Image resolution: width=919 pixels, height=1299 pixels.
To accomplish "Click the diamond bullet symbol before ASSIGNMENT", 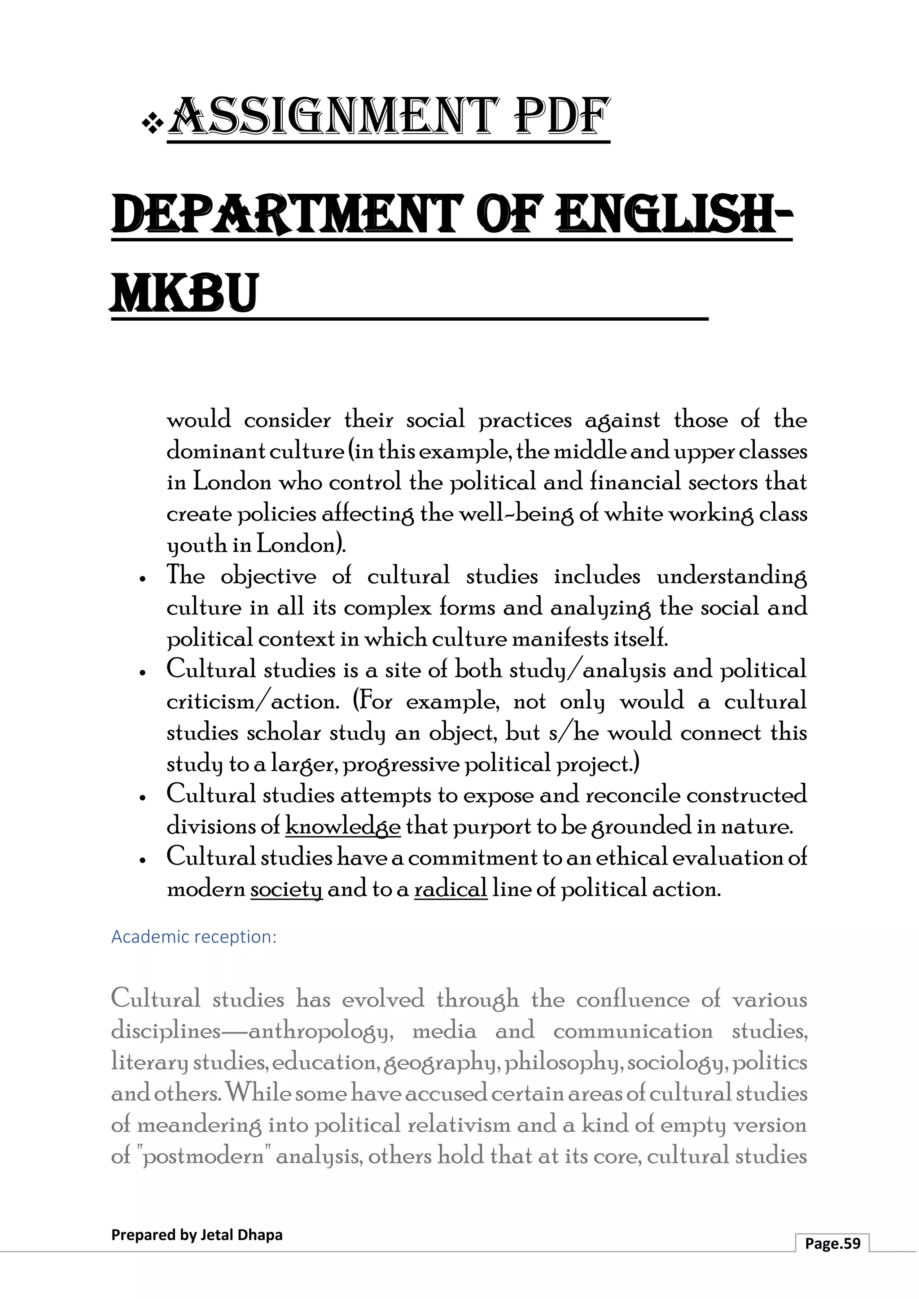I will point(152,123).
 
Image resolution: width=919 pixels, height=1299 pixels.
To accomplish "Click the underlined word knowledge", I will point(343,827).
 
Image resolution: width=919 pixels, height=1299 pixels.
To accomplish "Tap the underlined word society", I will point(286,889).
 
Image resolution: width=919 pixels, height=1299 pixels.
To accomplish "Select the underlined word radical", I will point(451,889).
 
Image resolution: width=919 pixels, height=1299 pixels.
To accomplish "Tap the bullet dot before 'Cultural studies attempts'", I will point(143,798).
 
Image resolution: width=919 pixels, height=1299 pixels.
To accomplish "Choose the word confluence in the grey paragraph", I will point(633,1000).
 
